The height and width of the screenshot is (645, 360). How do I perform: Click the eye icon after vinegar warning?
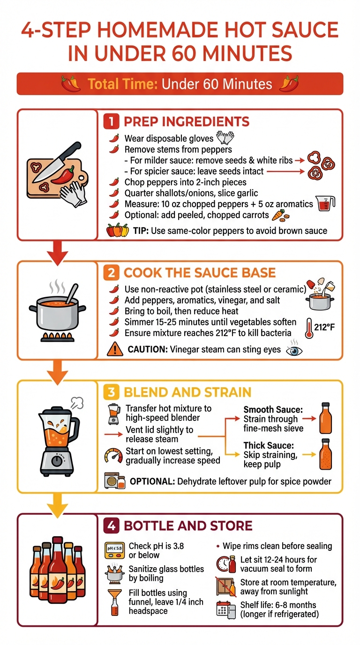point(292,350)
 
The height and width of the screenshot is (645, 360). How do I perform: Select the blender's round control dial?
point(57,461)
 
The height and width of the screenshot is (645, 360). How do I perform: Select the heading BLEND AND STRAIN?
point(187,392)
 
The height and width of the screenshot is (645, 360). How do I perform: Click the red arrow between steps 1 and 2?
point(57,251)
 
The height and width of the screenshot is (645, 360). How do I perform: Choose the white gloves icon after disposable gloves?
point(225,138)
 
